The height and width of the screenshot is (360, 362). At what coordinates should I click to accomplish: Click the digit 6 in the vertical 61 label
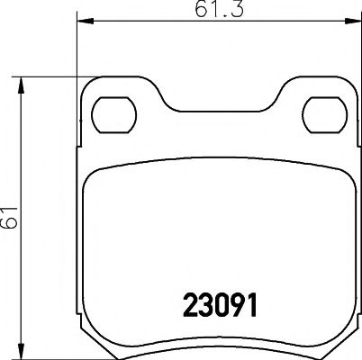click(10, 221)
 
